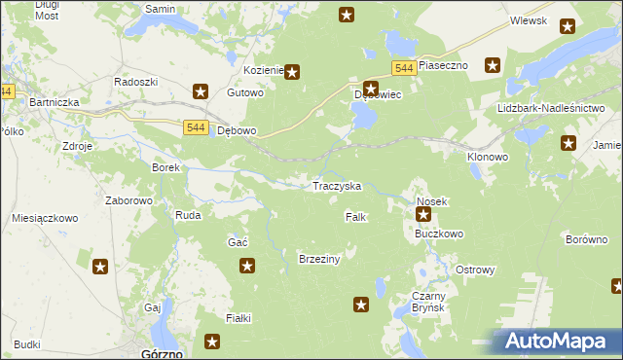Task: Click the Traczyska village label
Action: click(337, 185)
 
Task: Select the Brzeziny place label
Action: click(318, 259)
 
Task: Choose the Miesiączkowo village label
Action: click(45, 219)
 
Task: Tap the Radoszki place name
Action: click(135, 82)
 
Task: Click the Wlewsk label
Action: click(529, 20)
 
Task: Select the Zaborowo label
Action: click(129, 200)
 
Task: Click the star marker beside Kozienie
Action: click(291, 71)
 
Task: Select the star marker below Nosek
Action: click(423, 214)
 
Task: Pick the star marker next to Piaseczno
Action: click(493, 65)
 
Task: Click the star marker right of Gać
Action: click(247, 265)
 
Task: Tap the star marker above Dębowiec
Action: click(370, 88)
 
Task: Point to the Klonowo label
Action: click(488, 156)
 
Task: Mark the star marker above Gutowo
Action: click(201, 92)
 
